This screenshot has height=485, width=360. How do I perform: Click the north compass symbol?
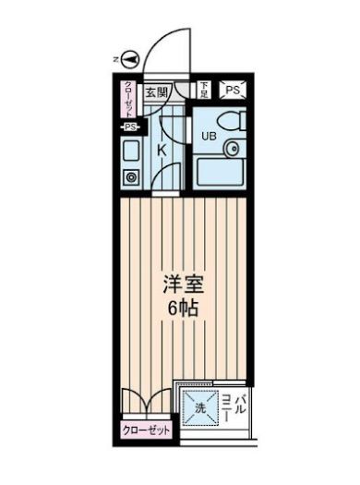tap(129, 59)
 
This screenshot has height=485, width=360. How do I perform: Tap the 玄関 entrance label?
tap(156, 92)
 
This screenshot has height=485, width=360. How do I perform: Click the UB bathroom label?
tap(209, 136)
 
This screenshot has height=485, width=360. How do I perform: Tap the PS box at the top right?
tap(232, 91)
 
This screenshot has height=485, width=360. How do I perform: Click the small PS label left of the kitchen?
tap(129, 127)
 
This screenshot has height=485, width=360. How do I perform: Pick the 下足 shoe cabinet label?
tap(204, 90)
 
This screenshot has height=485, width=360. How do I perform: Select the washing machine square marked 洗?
tap(198, 406)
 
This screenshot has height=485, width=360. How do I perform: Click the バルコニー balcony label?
tap(232, 406)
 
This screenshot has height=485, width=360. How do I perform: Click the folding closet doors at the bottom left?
tap(142, 403)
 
